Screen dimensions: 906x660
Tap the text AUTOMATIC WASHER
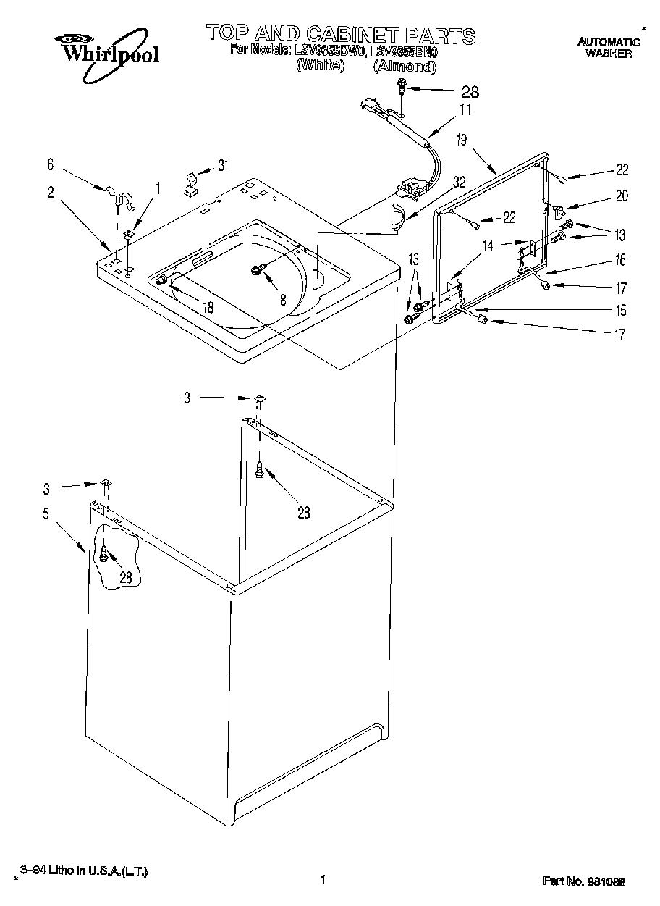(608, 48)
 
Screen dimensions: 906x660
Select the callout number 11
(465, 110)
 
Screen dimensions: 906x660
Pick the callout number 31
(222, 165)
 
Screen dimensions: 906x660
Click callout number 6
(50, 165)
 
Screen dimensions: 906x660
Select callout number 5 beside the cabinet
(46, 514)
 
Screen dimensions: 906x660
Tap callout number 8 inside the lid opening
(283, 298)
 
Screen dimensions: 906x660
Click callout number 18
(208, 307)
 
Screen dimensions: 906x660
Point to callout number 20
(622, 196)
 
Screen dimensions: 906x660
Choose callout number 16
(620, 260)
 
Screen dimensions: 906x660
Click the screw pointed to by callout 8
(257, 270)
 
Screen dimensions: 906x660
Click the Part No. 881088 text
(584, 881)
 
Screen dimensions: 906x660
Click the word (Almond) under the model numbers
(405, 67)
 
